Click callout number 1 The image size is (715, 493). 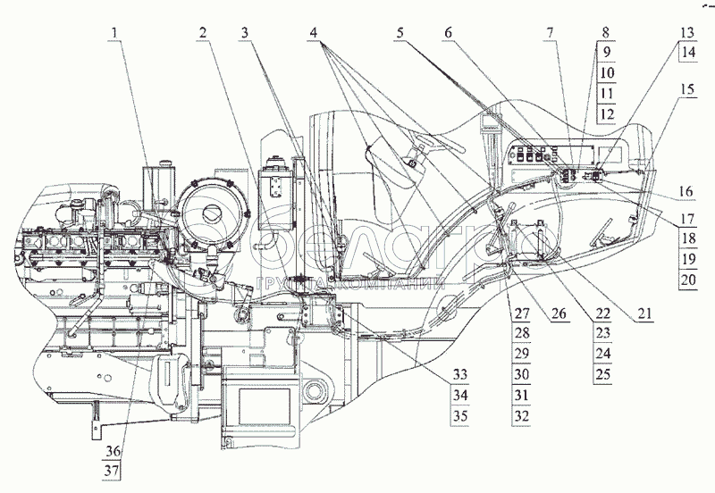(115, 34)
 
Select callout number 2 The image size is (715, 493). (205, 34)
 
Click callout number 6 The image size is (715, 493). (448, 34)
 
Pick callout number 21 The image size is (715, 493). (644, 313)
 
